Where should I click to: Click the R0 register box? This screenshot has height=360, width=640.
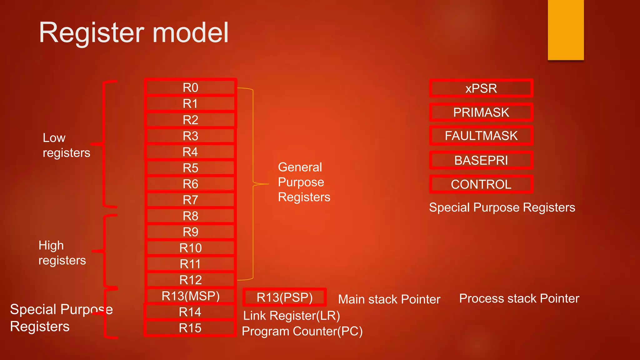(x=190, y=87)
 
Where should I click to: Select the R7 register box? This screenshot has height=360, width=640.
(x=190, y=200)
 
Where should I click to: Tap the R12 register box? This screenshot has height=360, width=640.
(x=190, y=280)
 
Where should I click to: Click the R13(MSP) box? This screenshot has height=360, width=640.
(x=190, y=296)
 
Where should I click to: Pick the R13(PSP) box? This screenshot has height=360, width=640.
(x=284, y=297)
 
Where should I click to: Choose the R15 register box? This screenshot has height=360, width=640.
(x=190, y=328)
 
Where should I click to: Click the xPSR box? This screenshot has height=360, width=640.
(x=481, y=88)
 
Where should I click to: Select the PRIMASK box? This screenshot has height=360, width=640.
(x=481, y=112)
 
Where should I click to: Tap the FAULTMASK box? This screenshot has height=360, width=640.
(x=481, y=136)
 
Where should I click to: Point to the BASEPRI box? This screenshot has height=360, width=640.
(x=481, y=160)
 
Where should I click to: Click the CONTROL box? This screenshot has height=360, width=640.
(x=481, y=184)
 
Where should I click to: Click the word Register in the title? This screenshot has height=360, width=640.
(x=91, y=33)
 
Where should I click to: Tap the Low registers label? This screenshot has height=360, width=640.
(x=66, y=145)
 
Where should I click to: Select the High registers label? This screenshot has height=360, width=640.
(x=62, y=253)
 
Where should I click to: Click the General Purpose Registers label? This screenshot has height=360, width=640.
(x=304, y=182)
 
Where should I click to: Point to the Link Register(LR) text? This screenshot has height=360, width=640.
(x=291, y=316)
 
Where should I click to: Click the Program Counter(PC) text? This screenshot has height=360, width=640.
(x=302, y=331)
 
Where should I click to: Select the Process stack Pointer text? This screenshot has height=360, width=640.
(x=519, y=298)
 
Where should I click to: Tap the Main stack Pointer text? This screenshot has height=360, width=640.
(x=389, y=299)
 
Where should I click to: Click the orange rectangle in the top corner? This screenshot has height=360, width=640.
(x=566, y=30)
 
